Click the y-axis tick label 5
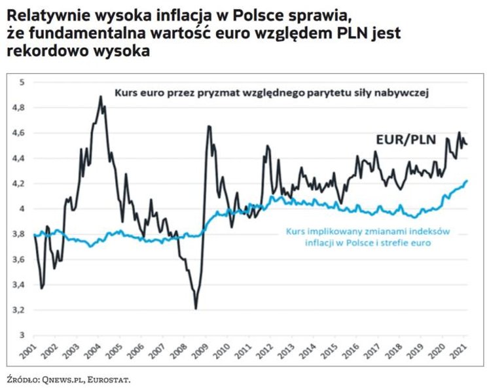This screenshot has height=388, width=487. point(22,82)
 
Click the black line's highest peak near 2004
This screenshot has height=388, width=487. point(100,97)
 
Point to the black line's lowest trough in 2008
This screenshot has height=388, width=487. point(196,308)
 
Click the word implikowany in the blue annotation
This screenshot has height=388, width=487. point(327,231)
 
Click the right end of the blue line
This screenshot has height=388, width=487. point(467,181)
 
